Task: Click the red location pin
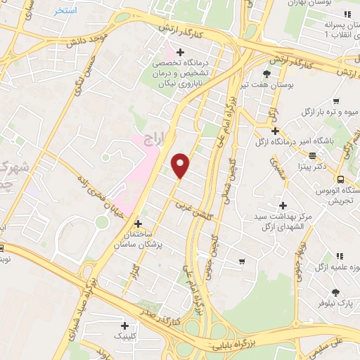pos(181,165)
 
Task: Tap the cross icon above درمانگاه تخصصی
pos(181,52)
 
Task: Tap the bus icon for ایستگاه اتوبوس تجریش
pos(340,179)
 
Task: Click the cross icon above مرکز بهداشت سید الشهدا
pos(283,206)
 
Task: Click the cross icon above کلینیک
pos(124,325)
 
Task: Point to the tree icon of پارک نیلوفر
pos(335,292)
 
